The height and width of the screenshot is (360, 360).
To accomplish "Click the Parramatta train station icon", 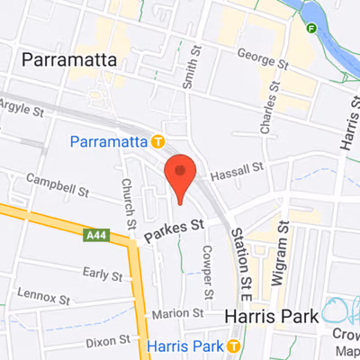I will (157, 141).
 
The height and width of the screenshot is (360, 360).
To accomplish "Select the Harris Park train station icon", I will (233, 346).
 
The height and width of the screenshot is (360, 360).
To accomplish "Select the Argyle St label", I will (25, 112).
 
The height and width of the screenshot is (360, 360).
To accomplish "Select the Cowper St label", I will (207, 272).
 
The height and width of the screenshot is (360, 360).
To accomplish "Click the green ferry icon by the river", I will (312, 28).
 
